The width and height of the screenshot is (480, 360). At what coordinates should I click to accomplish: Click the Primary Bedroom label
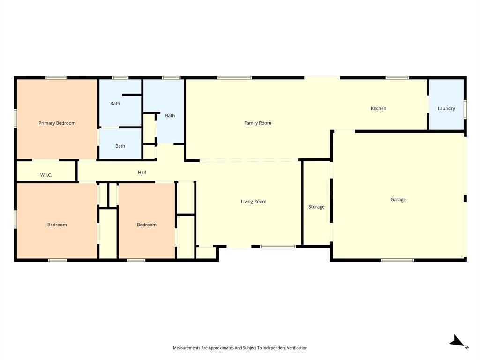coord(57,123)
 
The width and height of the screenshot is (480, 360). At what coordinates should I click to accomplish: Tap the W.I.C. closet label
coord(46,175)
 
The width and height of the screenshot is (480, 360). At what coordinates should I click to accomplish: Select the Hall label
coord(142,172)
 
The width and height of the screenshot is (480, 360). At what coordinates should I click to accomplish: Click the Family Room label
coord(257,123)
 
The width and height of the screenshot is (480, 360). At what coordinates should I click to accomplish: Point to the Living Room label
coord(253,202)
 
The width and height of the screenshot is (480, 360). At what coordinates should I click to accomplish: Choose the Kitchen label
coord(378,108)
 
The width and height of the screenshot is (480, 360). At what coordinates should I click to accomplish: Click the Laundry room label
coord(446,108)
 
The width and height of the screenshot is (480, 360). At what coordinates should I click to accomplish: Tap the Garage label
coord(398,200)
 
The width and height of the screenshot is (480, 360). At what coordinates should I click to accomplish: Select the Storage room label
coord(316,207)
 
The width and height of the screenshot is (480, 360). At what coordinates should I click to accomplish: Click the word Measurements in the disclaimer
coord(187,348)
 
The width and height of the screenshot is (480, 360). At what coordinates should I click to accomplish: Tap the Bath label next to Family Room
coord(170,115)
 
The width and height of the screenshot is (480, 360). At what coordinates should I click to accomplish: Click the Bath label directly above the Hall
coord(120,146)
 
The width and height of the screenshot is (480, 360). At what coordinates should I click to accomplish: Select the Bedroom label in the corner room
coord(57,225)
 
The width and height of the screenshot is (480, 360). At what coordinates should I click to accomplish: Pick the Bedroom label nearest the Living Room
coord(146,225)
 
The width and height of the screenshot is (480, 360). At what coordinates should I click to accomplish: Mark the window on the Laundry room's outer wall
coord(465,108)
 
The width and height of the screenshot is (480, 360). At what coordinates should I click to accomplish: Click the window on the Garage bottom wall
coord(397,260)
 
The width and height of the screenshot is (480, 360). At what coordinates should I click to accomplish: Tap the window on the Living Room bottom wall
coord(278,246)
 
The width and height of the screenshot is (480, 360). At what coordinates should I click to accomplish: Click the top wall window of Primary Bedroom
coord(56,78)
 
